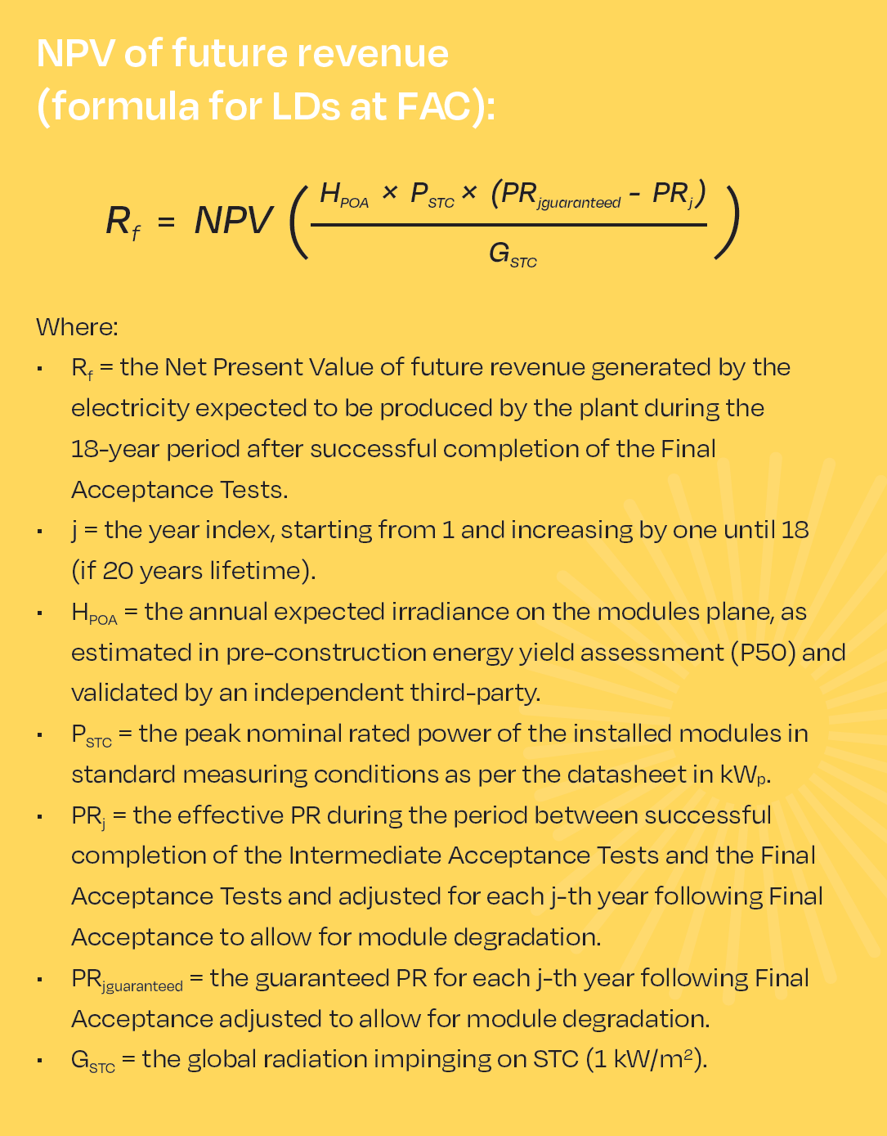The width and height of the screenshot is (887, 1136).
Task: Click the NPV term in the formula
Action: (233, 221)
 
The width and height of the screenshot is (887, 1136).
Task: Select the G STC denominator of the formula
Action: (512, 254)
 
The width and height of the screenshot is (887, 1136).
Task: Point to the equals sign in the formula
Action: (167, 222)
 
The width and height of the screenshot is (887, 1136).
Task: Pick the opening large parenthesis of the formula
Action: (298, 221)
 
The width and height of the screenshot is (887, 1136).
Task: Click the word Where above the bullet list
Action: (77, 327)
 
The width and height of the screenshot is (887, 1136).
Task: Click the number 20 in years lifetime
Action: (118, 570)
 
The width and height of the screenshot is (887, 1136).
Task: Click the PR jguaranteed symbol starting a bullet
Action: (127, 980)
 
